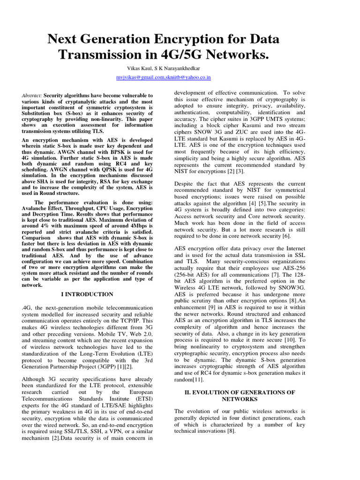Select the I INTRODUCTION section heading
click(87, 294)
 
